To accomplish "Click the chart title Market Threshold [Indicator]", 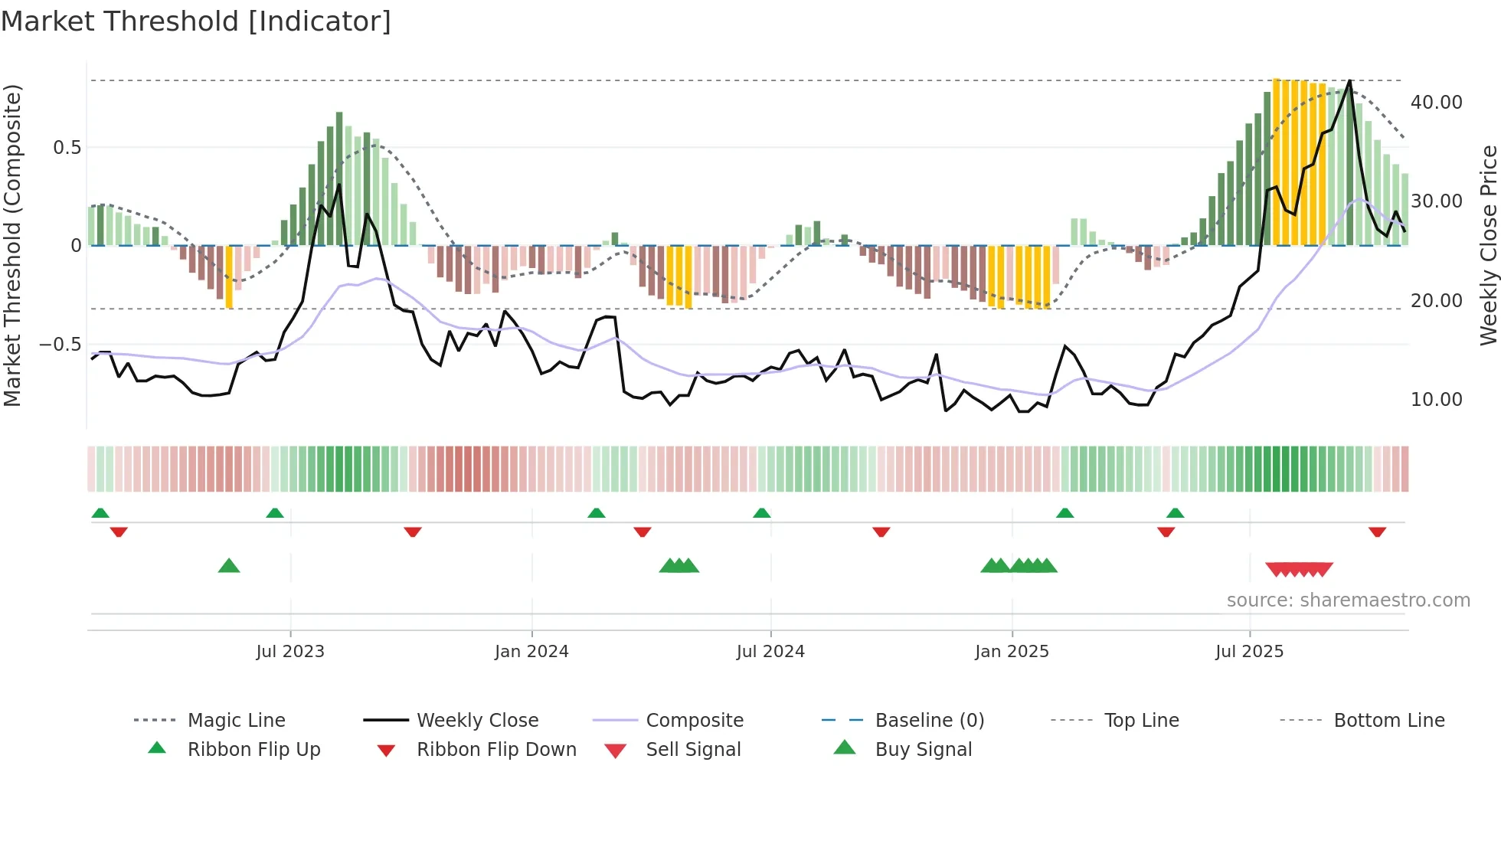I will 196,21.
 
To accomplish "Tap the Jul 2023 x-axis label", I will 290,652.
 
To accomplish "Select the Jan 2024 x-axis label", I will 531,652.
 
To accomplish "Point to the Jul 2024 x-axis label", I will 770,652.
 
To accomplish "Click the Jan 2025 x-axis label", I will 1012,652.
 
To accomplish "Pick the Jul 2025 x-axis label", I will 1249,652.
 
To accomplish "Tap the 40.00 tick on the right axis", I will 1436,103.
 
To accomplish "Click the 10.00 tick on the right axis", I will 1436,400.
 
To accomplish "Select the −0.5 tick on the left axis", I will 60,345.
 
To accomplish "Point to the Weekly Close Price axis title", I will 1488,245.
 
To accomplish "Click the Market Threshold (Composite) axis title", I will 12,245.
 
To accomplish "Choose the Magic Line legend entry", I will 236,721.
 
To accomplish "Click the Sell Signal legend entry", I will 693,750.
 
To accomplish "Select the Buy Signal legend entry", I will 923,750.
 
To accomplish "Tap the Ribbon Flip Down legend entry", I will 496,750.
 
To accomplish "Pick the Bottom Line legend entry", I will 1388,721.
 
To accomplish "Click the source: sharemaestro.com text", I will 1348,600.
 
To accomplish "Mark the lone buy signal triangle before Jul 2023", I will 229,567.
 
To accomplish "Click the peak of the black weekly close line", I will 1349,80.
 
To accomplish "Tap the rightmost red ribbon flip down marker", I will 1377,532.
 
